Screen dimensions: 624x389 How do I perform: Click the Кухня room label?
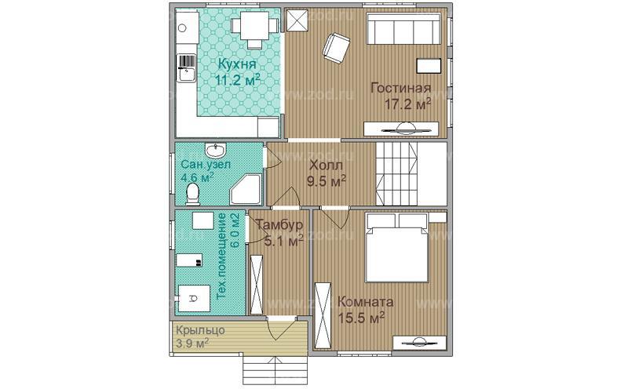click(238, 64)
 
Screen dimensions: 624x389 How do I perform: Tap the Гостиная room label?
click(400, 88)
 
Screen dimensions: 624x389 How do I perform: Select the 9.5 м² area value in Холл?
click(326, 182)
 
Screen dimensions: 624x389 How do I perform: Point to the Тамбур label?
click(279, 225)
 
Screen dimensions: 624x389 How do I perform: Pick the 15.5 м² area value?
click(360, 318)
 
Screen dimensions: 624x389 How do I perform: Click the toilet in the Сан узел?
click(192, 194)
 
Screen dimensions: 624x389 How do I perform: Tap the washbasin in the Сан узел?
click(216, 150)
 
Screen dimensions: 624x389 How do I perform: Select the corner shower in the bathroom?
click(246, 188)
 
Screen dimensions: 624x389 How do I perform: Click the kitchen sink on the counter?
click(186, 67)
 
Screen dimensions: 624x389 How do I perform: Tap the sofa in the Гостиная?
click(403, 29)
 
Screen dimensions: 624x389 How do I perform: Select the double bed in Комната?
click(396, 247)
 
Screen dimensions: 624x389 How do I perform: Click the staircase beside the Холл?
click(396, 174)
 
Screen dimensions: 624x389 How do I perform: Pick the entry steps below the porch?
click(275, 369)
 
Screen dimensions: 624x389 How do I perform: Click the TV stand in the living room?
click(402, 129)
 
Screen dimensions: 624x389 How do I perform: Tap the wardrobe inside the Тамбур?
click(257, 285)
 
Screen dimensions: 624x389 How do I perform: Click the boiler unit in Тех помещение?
click(194, 298)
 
